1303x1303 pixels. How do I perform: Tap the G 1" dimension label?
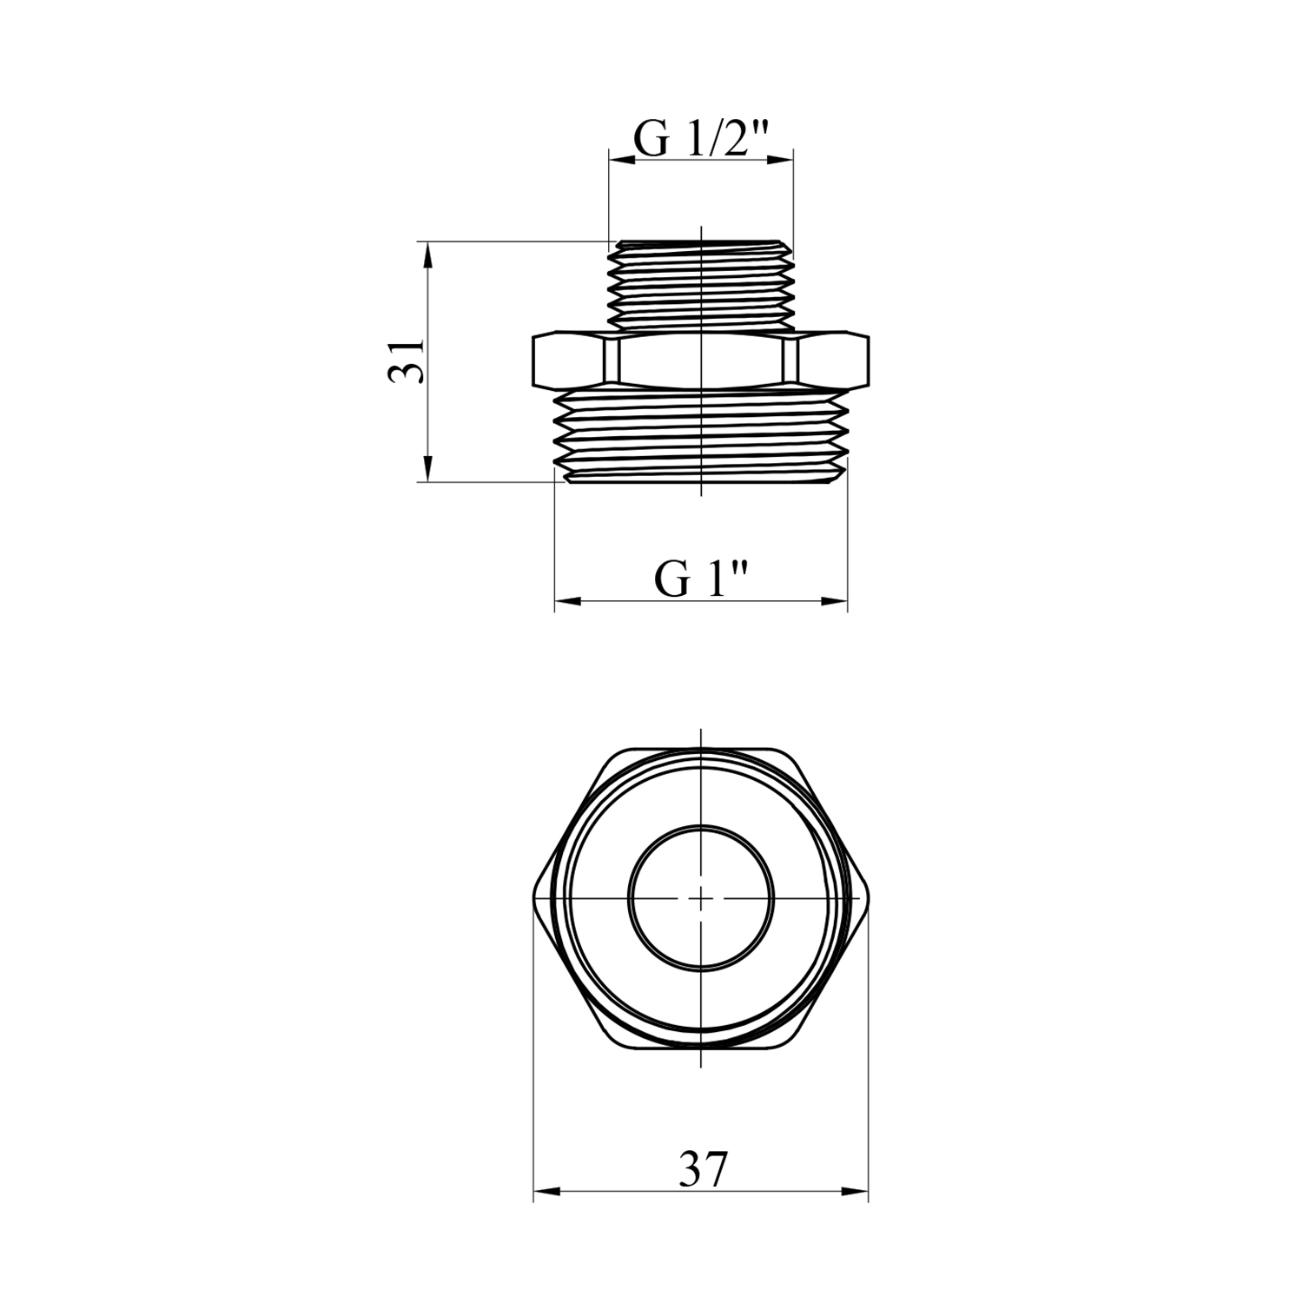702,579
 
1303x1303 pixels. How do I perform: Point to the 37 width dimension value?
702,1171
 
